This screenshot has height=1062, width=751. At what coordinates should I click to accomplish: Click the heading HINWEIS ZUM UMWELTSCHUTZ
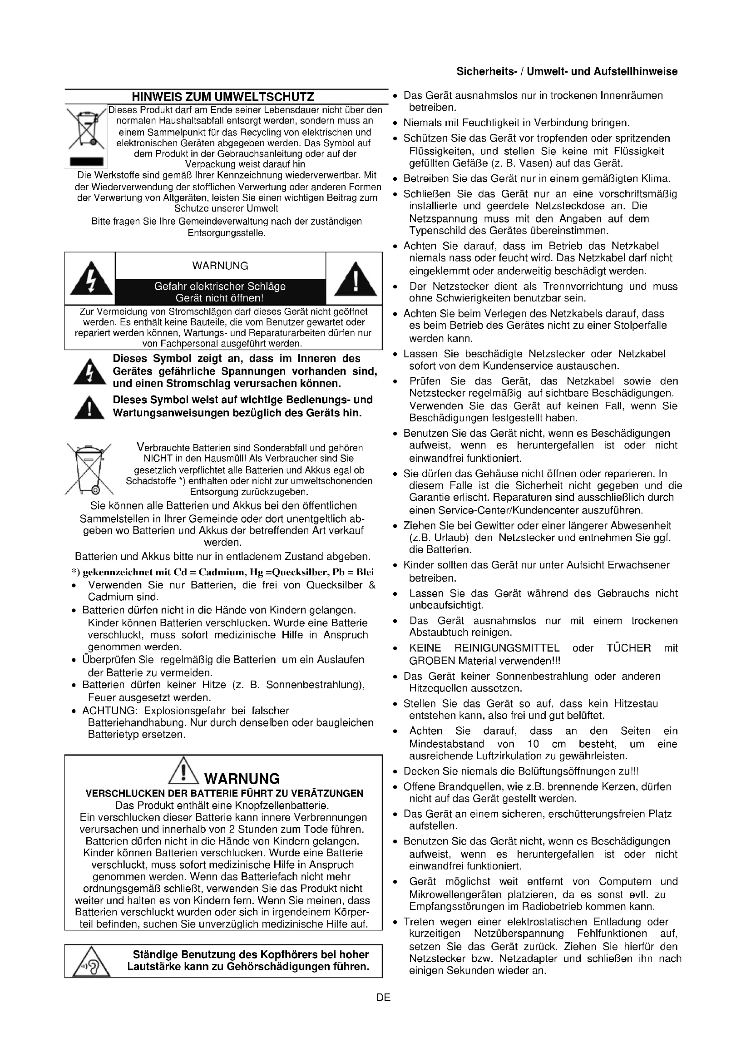pyautogui.click(x=223, y=97)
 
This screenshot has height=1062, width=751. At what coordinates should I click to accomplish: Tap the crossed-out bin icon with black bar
pyautogui.click(x=86, y=134)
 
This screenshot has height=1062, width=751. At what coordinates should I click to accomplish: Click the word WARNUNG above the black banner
pyautogui.click(x=220, y=266)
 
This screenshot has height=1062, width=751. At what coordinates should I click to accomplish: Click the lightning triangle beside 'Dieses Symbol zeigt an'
pyautogui.click(x=91, y=372)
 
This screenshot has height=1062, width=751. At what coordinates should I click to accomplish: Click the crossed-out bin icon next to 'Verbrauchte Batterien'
pyautogui.click(x=89, y=469)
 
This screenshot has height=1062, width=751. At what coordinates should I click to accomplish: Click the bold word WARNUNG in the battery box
pyautogui.click(x=242, y=779)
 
